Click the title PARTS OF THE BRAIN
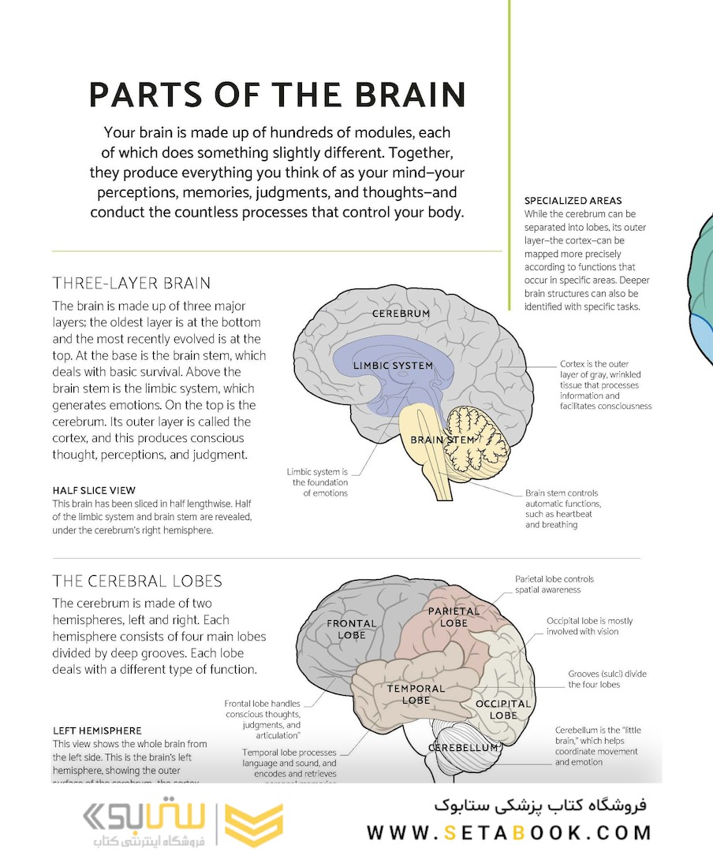click(277, 94)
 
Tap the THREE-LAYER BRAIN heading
click(132, 283)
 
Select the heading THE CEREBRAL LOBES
click(137, 582)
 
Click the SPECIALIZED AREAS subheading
click(573, 201)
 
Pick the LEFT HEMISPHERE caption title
click(97, 730)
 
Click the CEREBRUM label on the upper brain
click(401, 314)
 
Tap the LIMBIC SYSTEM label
click(393, 366)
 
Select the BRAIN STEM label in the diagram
click(442, 440)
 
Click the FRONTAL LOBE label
click(352, 629)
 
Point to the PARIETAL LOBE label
click(454, 616)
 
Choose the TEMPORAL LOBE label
click(416, 694)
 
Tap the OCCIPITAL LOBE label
click(502, 709)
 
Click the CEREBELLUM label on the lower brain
click(463, 747)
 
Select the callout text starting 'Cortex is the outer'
click(605, 385)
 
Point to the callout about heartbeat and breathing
click(563, 509)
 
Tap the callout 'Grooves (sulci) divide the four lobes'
click(607, 679)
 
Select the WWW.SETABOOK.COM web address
click(509, 832)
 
